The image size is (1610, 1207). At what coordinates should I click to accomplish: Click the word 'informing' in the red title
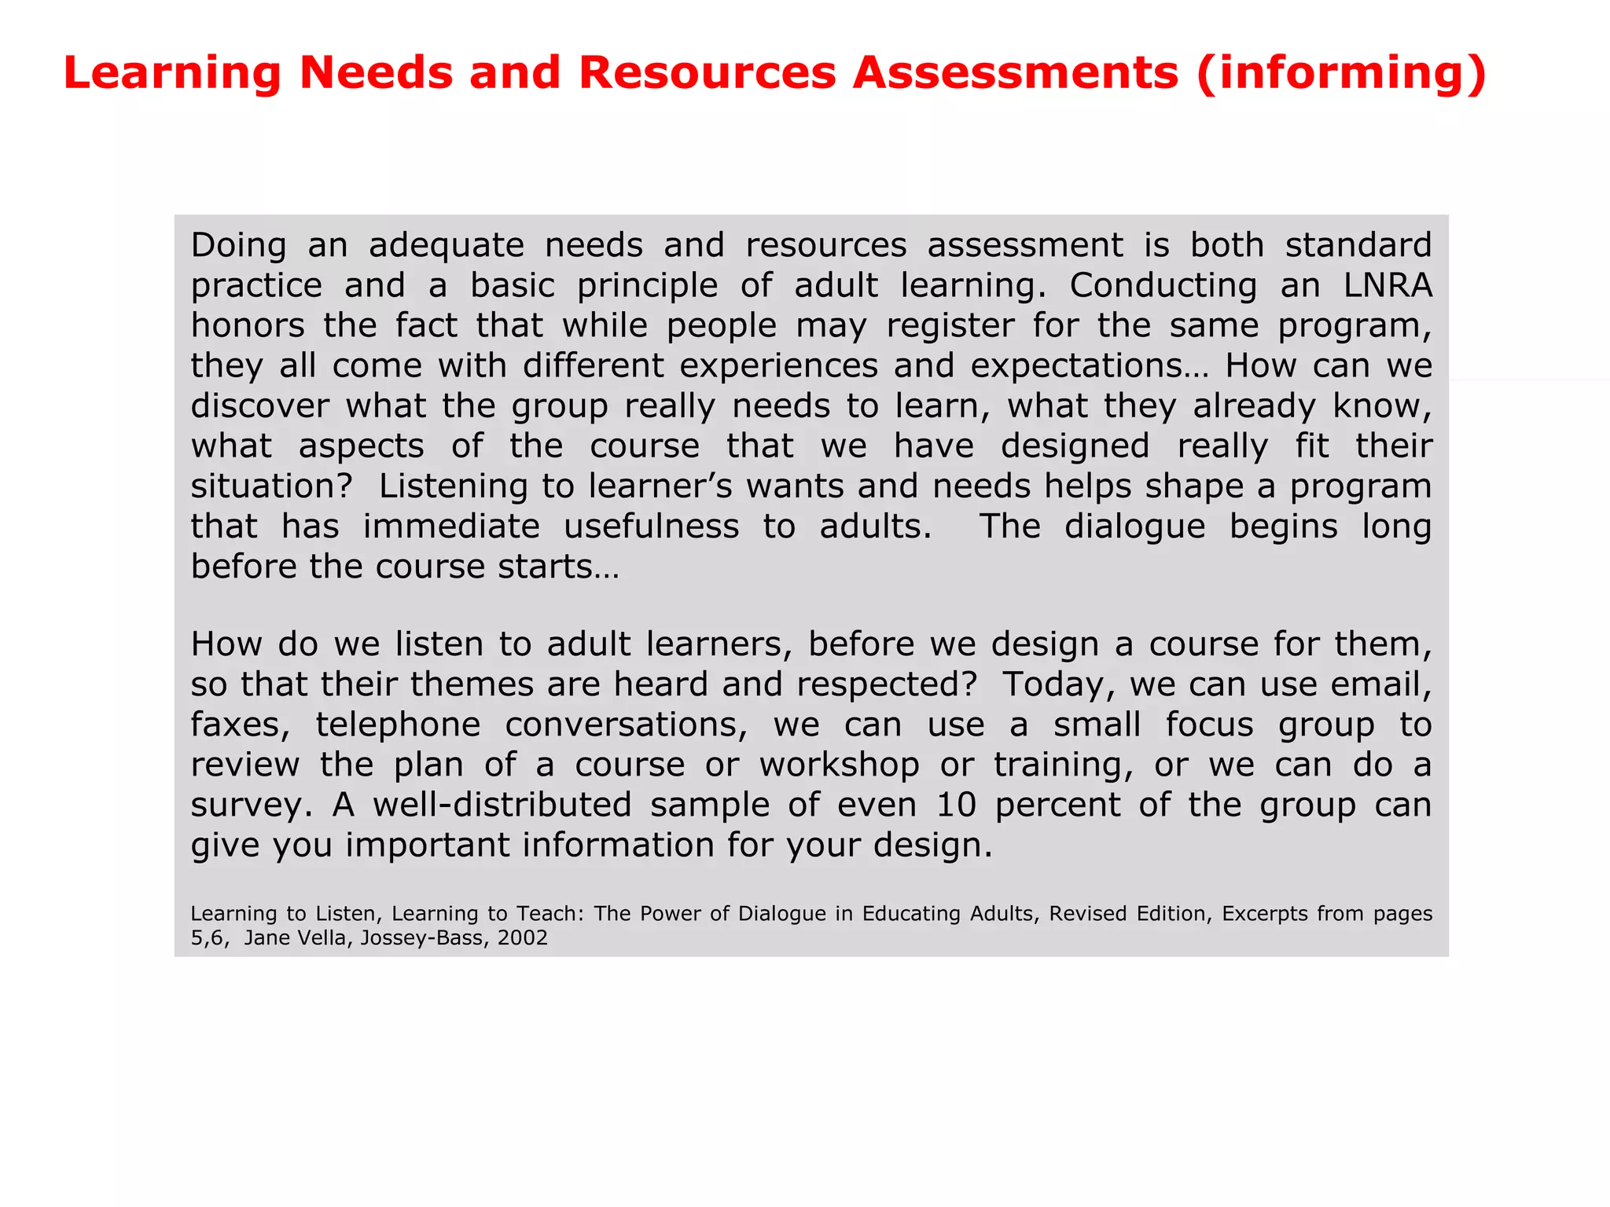coord(1342,73)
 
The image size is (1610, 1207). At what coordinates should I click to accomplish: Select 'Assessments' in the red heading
coord(1016,73)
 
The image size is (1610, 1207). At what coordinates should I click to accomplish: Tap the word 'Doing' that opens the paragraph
coord(238,246)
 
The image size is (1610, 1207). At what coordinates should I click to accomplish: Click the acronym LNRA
coord(1388,286)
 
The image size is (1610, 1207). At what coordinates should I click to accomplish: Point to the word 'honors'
coord(248,326)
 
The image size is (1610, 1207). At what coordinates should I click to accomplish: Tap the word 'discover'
coord(259,406)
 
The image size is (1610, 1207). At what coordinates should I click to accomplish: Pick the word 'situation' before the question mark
coord(263,486)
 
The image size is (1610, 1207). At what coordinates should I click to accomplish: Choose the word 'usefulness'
coord(651,526)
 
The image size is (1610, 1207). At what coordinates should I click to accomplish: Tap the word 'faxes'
coord(239,725)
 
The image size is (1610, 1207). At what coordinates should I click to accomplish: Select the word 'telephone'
coord(398,725)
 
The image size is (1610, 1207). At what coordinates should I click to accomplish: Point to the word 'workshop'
coord(839,765)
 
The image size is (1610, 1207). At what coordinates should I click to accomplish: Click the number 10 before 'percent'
coord(956,805)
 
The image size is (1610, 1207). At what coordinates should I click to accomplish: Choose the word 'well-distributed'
coord(502,805)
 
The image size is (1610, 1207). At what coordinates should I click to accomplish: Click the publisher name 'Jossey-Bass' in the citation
coord(421,937)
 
